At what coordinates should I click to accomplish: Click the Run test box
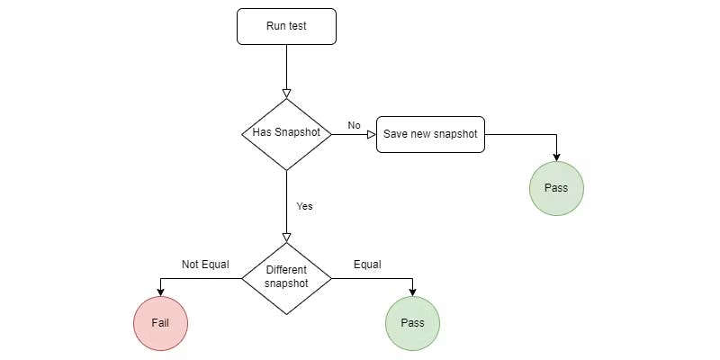click(x=286, y=26)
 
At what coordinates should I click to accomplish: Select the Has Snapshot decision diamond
click(x=286, y=133)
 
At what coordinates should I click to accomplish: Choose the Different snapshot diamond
click(x=286, y=277)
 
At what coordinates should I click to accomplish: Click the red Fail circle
click(x=160, y=322)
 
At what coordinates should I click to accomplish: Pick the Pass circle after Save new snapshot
click(x=556, y=188)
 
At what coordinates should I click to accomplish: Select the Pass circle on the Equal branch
click(x=412, y=322)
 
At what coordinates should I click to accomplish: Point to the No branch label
click(x=354, y=125)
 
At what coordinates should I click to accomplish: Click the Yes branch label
click(x=304, y=206)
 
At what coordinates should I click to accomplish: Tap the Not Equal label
click(x=205, y=265)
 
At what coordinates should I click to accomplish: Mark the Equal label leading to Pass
click(x=367, y=265)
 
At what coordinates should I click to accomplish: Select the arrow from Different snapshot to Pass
click(x=378, y=278)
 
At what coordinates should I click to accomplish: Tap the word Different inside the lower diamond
click(x=286, y=270)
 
